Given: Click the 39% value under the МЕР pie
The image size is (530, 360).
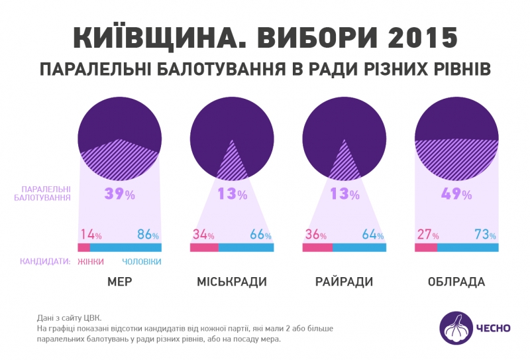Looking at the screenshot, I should click(119, 194).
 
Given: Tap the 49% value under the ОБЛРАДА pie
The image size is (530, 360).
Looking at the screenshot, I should click(456, 194).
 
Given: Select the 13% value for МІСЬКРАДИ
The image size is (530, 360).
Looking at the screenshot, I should click(232, 194).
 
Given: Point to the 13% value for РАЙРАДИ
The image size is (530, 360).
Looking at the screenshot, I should click(344, 194).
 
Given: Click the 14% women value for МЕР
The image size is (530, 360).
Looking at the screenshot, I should click(90, 235).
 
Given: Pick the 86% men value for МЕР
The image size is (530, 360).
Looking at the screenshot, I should click(147, 235).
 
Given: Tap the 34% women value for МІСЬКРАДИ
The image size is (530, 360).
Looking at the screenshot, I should click(203, 235).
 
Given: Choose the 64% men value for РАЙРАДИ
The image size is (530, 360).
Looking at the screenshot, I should click(372, 235).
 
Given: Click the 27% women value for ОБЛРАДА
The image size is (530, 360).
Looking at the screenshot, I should click(427, 235).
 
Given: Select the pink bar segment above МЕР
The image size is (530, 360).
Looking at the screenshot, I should click(83, 248).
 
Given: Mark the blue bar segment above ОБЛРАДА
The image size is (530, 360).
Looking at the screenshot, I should click(467, 248).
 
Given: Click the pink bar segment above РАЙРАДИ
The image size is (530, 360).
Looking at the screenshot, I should click(317, 248).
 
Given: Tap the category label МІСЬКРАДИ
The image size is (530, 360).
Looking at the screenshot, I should click(232, 282).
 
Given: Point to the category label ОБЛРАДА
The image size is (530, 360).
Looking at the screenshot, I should click(456, 282).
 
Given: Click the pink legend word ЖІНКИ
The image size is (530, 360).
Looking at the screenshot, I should click(91, 262).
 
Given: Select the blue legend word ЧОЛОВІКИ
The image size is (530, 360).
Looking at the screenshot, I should click(142, 262).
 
